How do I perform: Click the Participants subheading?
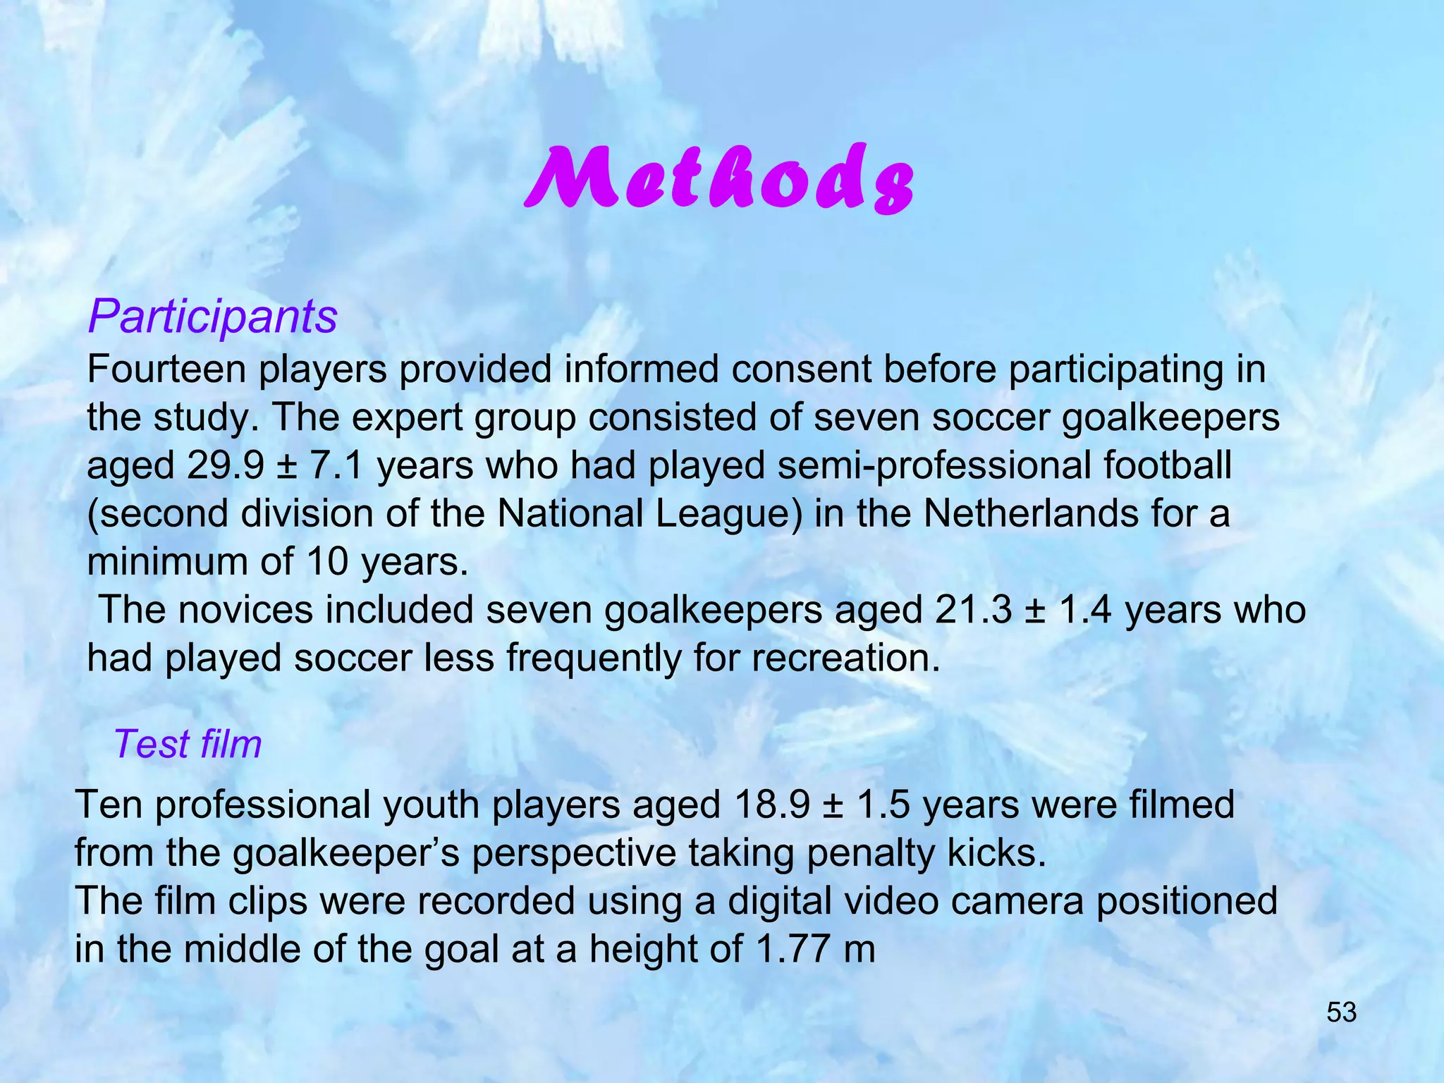tap(212, 317)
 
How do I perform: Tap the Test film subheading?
tap(188, 744)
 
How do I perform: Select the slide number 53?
tap(1341, 1012)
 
